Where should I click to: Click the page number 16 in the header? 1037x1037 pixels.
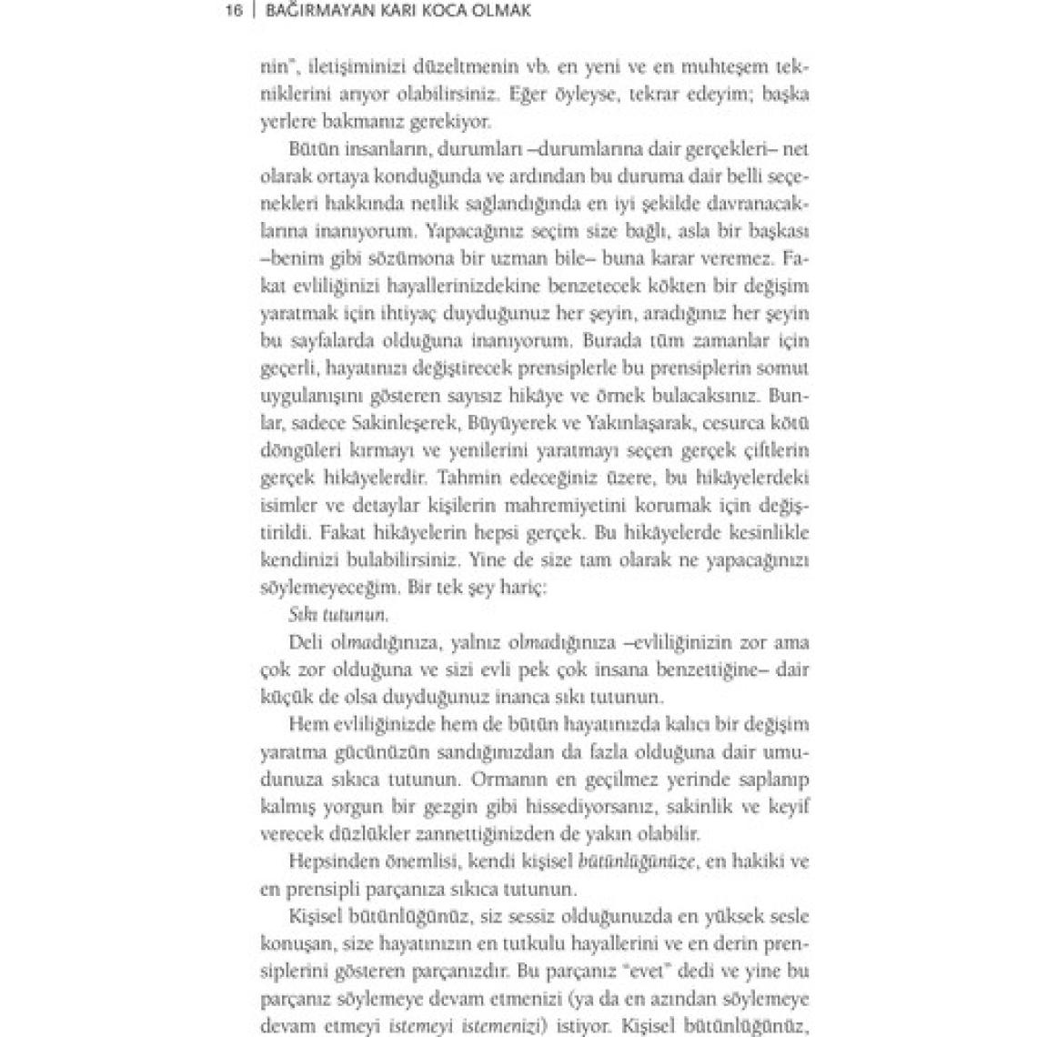(x=232, y=12)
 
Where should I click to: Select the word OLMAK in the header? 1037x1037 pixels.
(x=498, y=12)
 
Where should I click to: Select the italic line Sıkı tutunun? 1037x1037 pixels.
(x=331, y=614)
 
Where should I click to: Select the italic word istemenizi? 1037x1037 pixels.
(x=505, y=1024)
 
